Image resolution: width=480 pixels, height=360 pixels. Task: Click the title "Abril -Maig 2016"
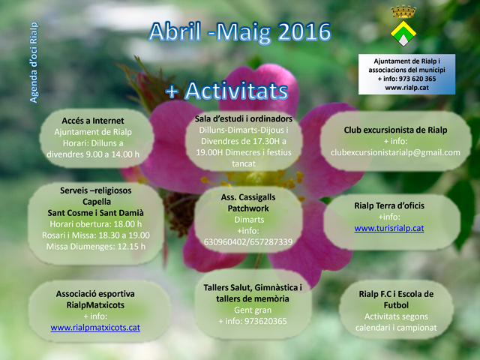pos(240,32)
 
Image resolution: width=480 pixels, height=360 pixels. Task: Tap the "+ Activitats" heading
pos(226,91)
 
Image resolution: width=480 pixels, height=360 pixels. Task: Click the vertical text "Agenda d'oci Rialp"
pos(34,62)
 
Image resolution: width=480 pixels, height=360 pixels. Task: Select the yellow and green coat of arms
pos(403,34)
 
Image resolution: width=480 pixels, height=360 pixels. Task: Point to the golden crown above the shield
pos(403,12)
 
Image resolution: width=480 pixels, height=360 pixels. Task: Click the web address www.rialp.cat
pos(406,88)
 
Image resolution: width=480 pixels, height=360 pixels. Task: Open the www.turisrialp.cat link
pos(389,228)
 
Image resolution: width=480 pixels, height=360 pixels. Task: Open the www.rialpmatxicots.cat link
pos(95,328)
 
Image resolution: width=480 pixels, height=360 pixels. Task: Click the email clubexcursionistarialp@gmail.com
pos(395,152)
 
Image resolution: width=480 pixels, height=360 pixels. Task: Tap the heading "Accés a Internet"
pos(93,121)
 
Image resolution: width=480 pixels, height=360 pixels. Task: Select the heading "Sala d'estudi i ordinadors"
pos(244,118)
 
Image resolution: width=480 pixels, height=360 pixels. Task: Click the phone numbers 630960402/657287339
pos(248,242)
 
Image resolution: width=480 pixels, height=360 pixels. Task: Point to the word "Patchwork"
pos(248,208)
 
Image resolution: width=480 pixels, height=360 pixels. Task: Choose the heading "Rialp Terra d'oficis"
pos(389,205)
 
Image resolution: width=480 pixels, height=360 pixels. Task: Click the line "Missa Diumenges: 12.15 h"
pos(96,247)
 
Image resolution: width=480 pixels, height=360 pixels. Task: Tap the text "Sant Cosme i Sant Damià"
pos(95,213)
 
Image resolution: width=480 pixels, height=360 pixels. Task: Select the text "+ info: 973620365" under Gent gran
pos(253,322)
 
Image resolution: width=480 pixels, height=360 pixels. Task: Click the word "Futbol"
pos(396,305)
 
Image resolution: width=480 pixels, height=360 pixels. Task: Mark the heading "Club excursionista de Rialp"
pos(395,130)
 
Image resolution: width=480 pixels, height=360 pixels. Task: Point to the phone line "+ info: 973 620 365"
pos(406,79)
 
